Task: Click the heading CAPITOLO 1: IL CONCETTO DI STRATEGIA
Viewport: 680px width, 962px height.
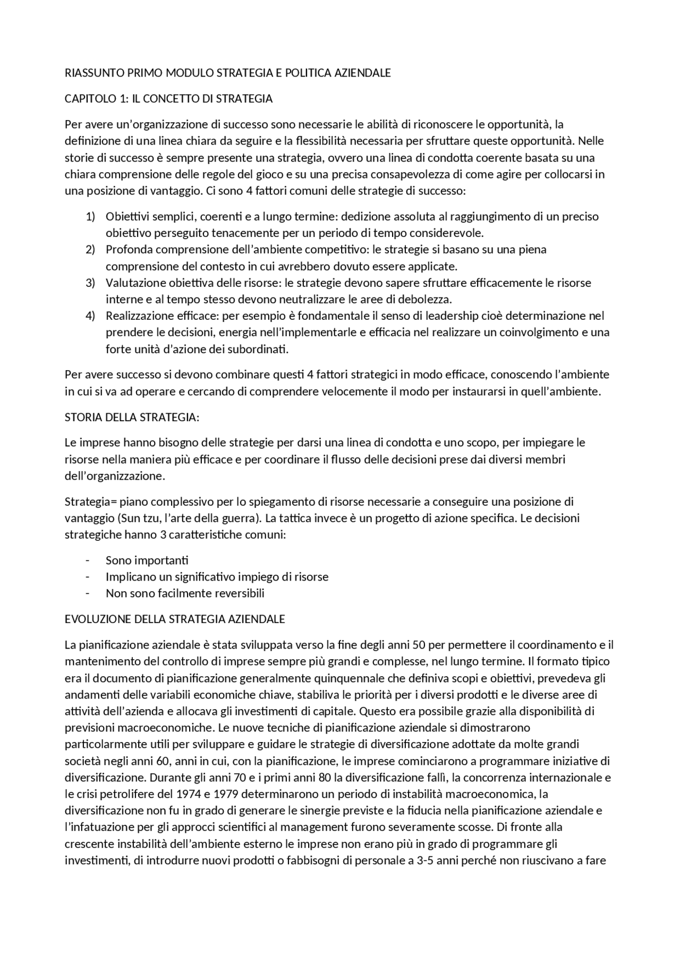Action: [x=168, y=99]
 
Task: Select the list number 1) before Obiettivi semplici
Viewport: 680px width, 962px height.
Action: [x=90, y=216]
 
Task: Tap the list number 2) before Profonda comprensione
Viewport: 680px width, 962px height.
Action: [x=90, y=249]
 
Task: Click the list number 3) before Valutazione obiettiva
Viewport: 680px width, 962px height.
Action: [x=90, y=283]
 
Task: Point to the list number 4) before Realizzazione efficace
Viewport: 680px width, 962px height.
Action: [x=90, y=316]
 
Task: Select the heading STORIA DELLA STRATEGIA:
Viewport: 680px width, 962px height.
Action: [x=132, y=417]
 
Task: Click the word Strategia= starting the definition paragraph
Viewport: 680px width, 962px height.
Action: [x=90, y=501]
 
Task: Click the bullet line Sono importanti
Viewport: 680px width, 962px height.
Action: [x=147, y=560]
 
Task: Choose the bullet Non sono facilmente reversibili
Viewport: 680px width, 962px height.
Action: [x=185, y=593]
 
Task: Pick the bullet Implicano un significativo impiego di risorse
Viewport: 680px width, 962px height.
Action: [x=217, y=576]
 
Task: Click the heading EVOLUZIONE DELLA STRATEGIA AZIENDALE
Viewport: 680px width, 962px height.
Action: [x=175, y=619]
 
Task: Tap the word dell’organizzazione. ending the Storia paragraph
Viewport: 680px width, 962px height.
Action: [x=115, y=476]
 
